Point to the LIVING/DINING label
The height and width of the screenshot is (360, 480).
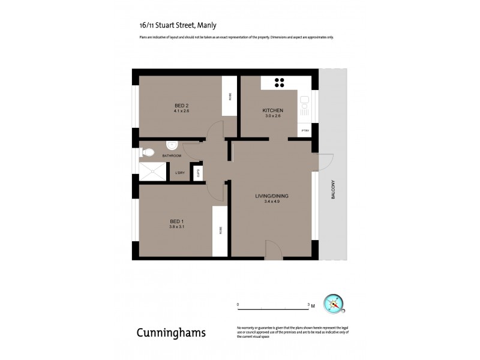click(272, 197)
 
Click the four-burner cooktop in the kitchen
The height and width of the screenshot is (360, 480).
click(280, 83)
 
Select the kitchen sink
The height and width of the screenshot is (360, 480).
click(304, 104)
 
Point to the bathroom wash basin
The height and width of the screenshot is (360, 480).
click(172, 144)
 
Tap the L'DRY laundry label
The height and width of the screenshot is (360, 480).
click(179, 174)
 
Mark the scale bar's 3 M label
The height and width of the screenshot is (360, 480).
click(311, 305)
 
